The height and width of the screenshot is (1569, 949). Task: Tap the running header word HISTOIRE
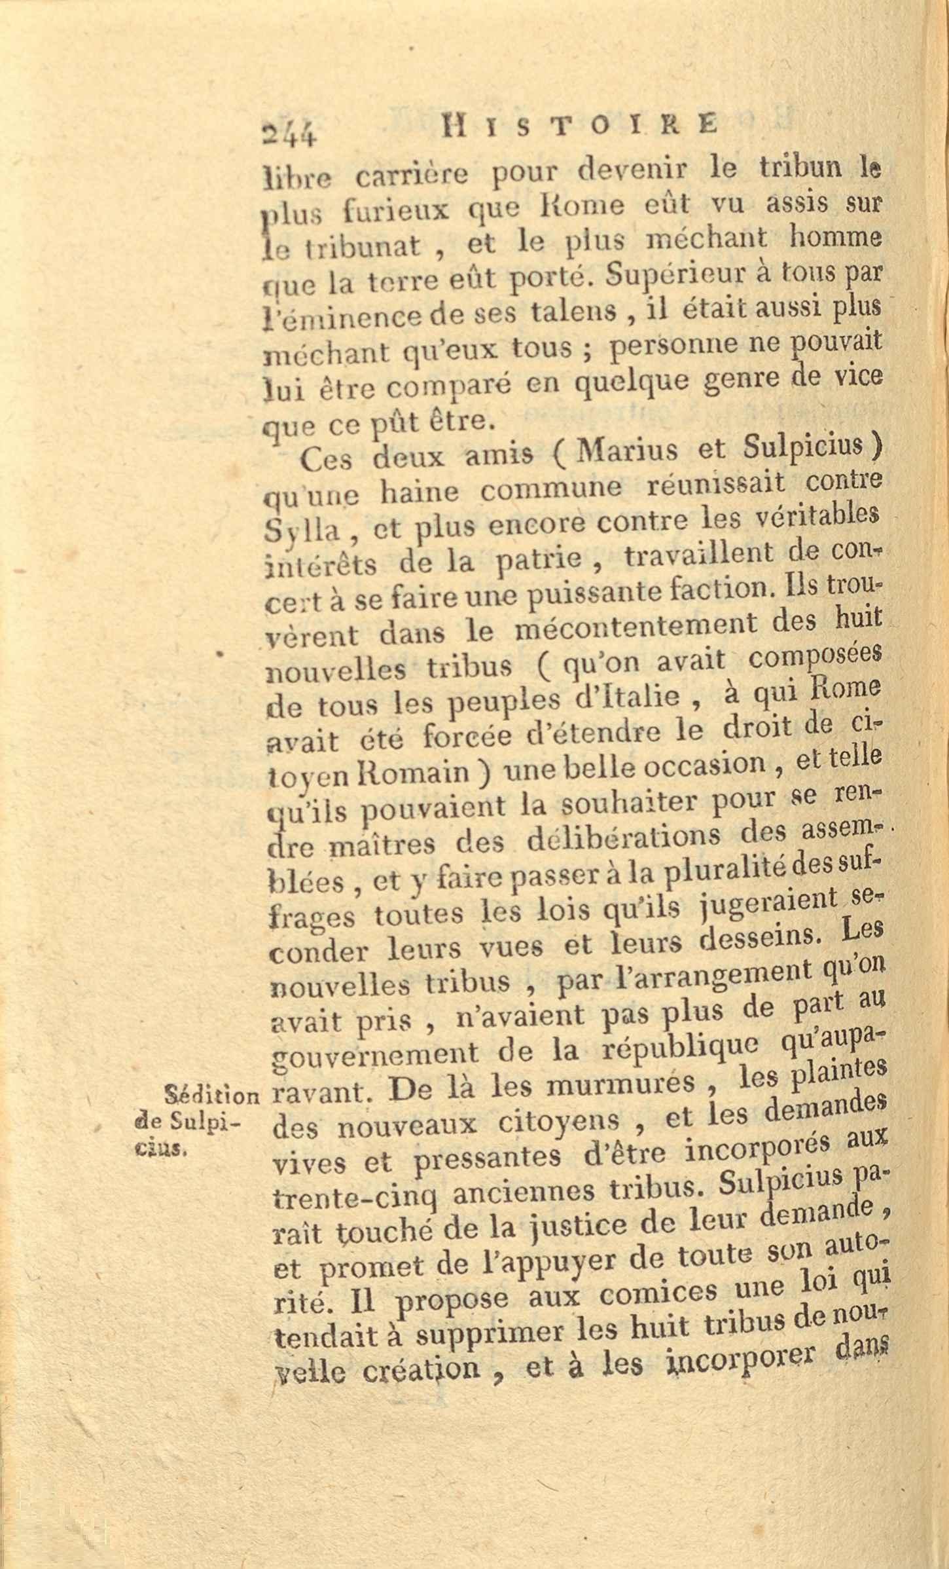pyautogui.click(x=580, y=124)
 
